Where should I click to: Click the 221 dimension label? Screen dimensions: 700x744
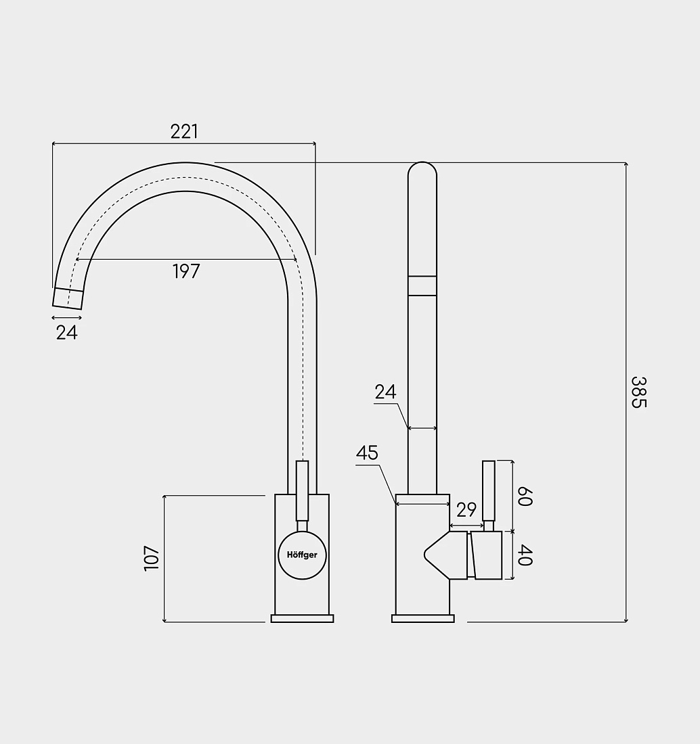(x=184, y=131)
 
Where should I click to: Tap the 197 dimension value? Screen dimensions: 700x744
(x=186, y=271)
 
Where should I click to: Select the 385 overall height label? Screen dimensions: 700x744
(x=639, y=392)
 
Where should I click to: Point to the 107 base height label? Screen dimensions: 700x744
(x=152, y=558)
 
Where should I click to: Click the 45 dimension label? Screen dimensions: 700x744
(x=367, y=453)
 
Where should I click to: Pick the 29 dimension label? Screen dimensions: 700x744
(x=466, y=510)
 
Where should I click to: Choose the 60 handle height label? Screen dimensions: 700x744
(x=525, y=496)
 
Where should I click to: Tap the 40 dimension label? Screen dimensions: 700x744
(x=525, y=555)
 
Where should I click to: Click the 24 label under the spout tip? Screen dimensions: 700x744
(x=66, y=333)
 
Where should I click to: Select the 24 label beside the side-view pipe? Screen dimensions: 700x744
(x=385, y=392)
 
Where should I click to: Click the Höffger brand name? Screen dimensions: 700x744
(x=302, y=555)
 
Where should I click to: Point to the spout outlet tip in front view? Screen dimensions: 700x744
(x=68, y=298)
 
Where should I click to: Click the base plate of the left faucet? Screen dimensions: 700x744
(x=302, y=618)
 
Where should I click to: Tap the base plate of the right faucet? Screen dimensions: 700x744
(x=422, y=618)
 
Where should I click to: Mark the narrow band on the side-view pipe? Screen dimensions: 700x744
(x=422, y=285)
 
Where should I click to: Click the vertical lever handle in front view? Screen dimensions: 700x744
(x=302, y=490)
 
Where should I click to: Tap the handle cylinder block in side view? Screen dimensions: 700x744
(x=486, y=555)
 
